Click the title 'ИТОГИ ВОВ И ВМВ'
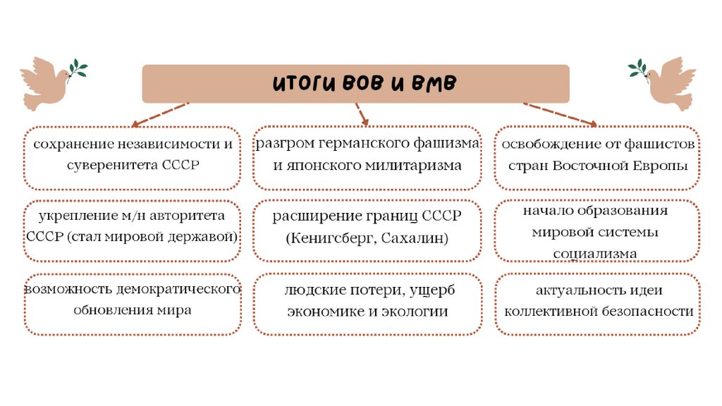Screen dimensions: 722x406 [365, 84]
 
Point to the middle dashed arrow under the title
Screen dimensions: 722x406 [361, 113]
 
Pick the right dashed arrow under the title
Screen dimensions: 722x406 [561, 113]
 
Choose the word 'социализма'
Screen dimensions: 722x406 [595, 253]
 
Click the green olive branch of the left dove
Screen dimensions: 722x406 [77, 69]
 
